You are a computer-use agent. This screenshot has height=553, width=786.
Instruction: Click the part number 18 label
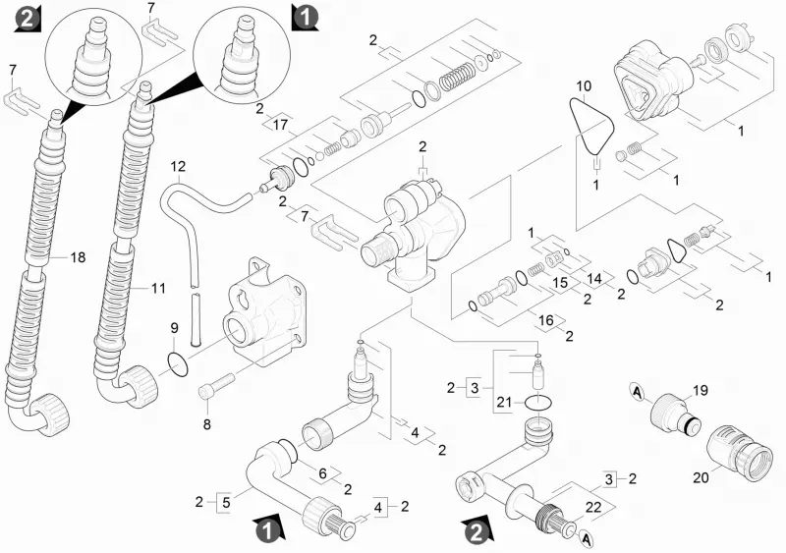[78, 257]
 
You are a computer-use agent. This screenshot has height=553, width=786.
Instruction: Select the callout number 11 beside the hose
[158, 288]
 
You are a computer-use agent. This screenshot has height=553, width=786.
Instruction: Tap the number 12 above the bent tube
[178, 166]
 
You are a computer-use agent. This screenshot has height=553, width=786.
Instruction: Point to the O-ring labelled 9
[178, 364]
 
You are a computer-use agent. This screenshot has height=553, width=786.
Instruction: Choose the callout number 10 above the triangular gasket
[584, 86]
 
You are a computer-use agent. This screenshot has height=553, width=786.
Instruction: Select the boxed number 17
[280, 125]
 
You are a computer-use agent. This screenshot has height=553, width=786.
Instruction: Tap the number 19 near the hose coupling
[701, 390]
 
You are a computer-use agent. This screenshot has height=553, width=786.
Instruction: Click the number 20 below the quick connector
[701, 477]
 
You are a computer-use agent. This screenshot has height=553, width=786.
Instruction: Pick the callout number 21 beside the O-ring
[504, 402]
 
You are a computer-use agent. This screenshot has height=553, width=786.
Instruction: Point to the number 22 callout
[593, 508]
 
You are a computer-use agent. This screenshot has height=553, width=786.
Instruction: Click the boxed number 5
[226, 502]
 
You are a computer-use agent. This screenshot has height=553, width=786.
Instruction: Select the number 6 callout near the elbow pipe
[323, 473]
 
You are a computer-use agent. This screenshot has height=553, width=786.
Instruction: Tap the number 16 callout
[545, 320]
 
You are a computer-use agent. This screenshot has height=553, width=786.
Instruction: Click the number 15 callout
[560, 282]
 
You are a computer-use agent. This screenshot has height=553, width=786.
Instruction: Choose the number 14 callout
[594, 278]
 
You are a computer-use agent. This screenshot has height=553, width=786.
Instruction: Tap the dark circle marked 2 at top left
[27, 19]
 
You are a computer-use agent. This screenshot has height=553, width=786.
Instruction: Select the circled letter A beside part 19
[636, 391]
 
